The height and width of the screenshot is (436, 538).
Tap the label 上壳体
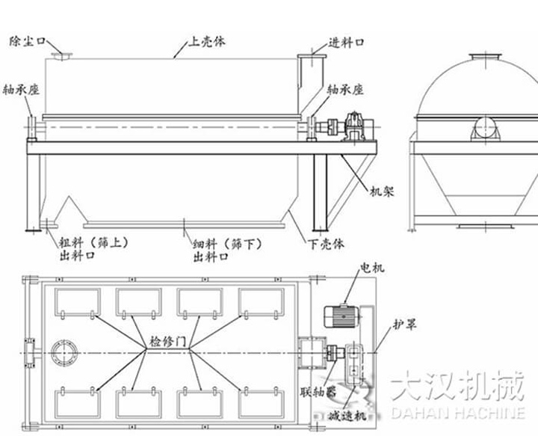(x=208, y=42)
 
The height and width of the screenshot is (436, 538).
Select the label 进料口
(x=345, y=43)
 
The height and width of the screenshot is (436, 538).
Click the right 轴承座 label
(x=345, y=89)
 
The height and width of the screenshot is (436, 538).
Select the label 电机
(x=371, y=267)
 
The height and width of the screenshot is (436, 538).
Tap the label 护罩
(x=404, y=325)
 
